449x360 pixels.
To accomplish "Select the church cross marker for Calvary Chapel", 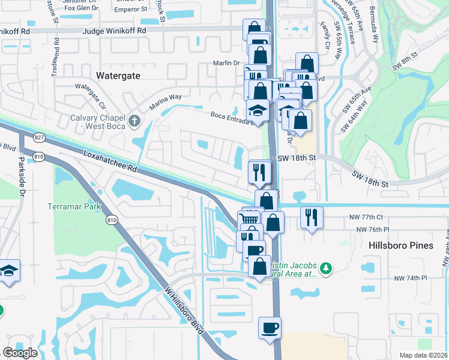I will pyautogui.click(x=135, y=121).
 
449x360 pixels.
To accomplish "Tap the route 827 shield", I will pyautogui.click(x=40, y=137).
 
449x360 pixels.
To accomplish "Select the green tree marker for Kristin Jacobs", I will pyautogui.click(x=326, y=269).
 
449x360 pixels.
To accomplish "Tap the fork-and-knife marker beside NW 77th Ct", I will pyautogui.click(x=311, y=217).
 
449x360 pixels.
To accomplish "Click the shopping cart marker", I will pyautogui.click(x=250, y=218).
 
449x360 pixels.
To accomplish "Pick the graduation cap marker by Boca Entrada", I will pyautogui.click(x=258, y=111).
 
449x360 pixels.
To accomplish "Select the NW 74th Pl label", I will pyautogui.click(x=410, y=278).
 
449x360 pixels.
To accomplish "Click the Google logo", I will pyautogui.click(x=20, y=353).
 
